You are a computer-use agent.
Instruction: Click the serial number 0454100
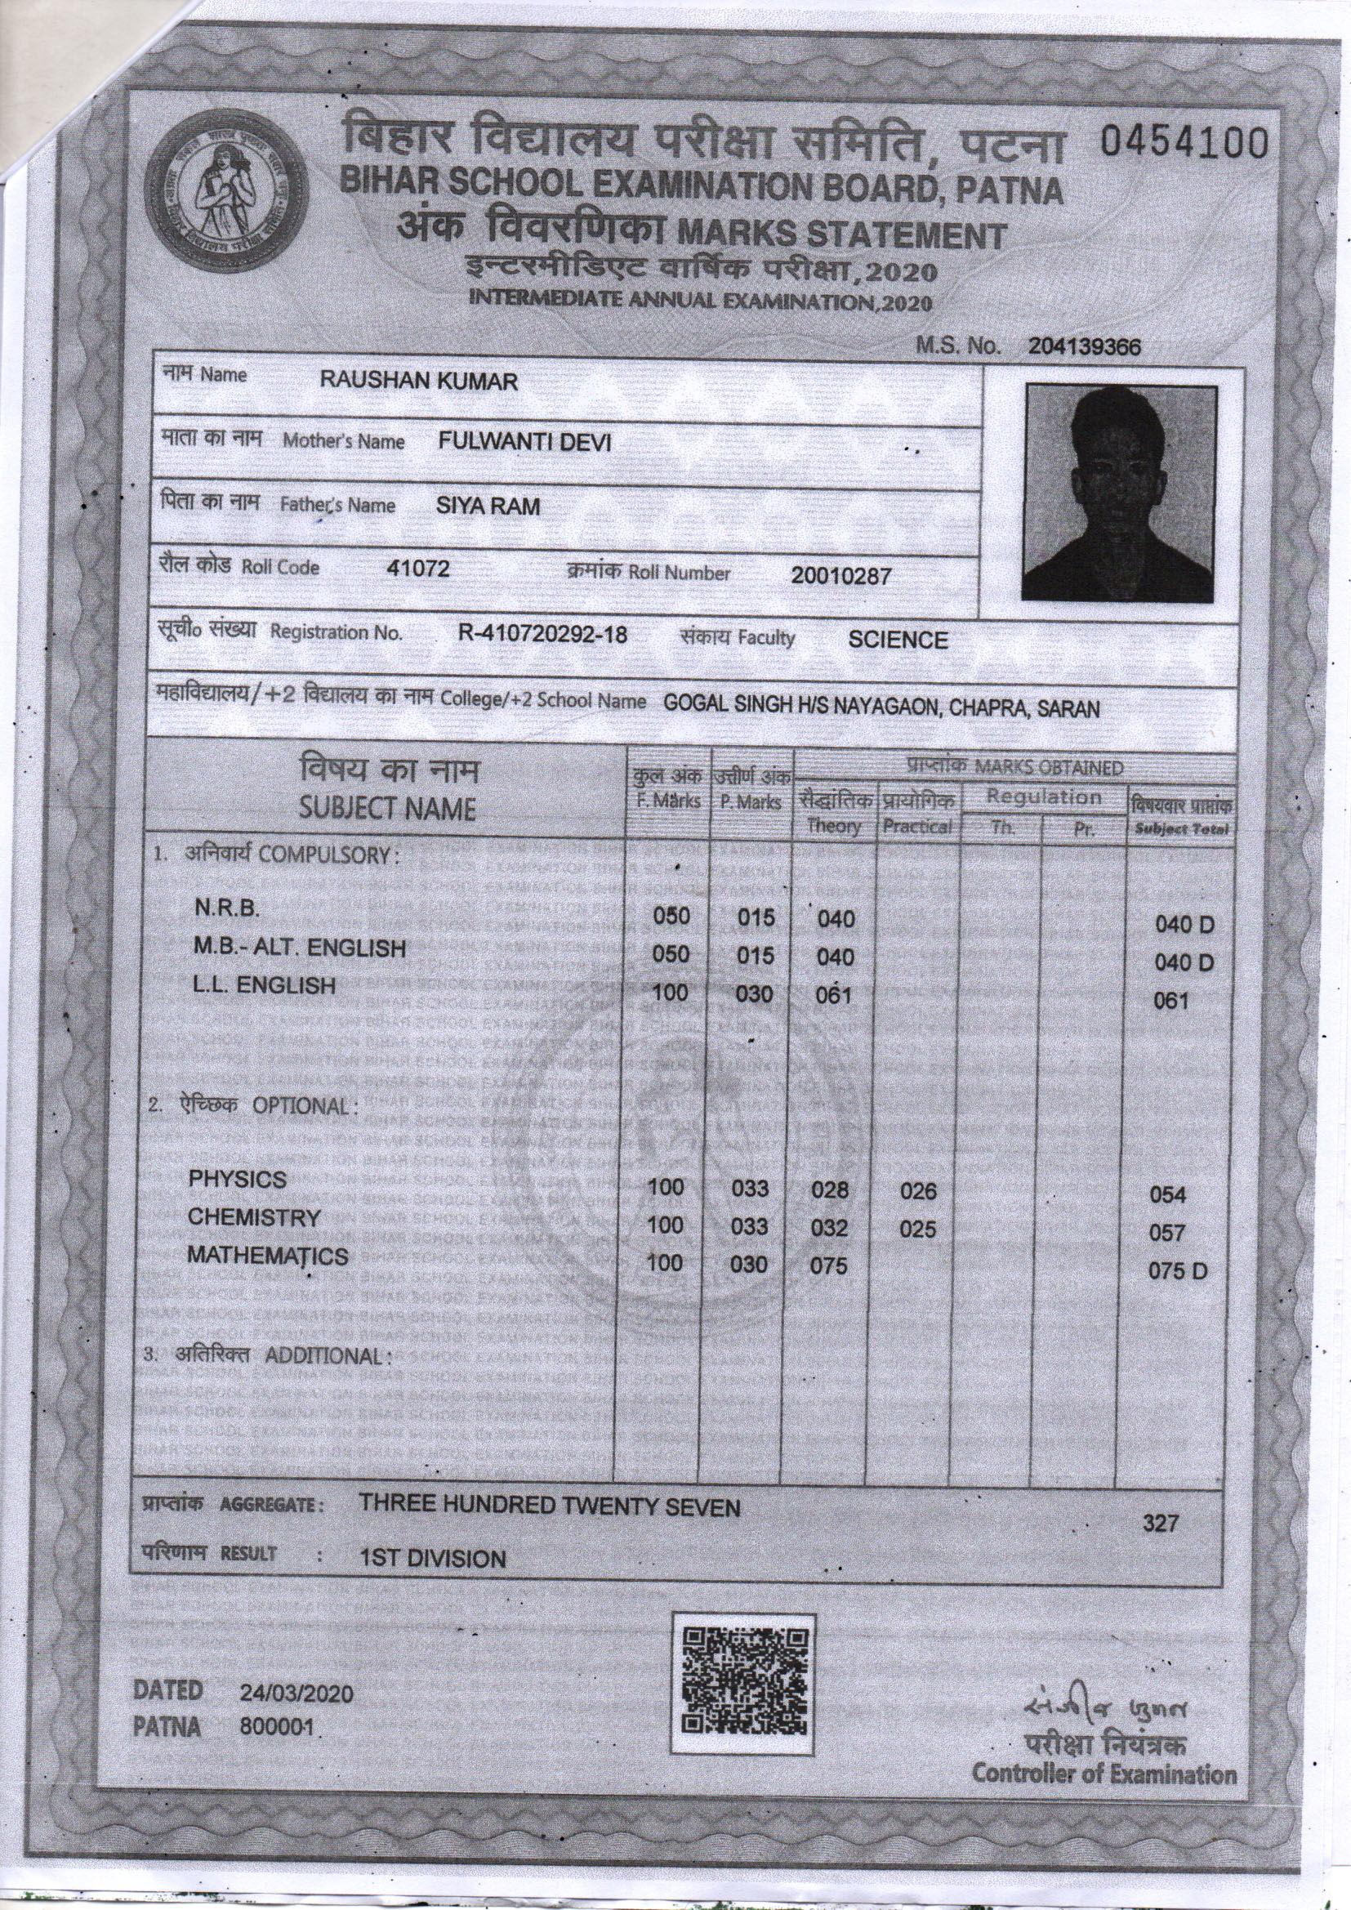pos(1184,144)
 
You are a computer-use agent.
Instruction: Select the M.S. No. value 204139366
pos(1084,347)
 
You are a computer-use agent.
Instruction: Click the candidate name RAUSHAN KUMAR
pos(419,382)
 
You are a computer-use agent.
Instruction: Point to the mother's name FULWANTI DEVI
pos(525,443)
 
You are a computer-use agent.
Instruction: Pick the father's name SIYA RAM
pos(488,506)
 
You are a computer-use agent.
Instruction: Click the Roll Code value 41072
pos(418,569)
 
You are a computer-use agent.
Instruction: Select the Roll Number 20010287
pos(840,576)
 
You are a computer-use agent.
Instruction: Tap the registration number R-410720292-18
pos(542,634)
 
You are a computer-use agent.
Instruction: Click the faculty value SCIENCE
pos(898,640)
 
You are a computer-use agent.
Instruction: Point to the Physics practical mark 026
pos(918,1191)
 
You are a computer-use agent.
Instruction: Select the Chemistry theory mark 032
pos(830,1229)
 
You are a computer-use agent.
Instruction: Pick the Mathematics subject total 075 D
pos(1178,1271)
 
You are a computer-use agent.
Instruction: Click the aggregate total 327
pos(1162,1523)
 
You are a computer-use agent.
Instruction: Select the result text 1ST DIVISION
pos(433,1559)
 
